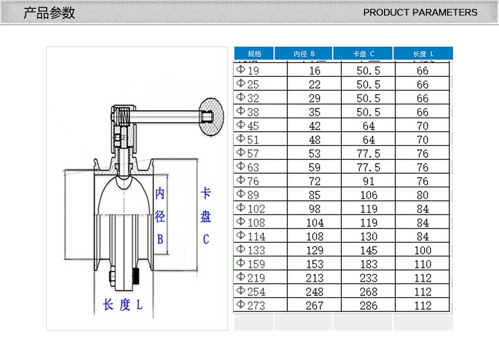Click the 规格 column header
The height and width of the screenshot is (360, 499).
click(254, 54)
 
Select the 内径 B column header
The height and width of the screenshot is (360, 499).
click(304, 54)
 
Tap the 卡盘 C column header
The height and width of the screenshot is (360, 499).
click(363, 54)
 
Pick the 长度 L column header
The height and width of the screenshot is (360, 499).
click(423, 54)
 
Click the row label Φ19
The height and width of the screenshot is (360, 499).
click(247, 70)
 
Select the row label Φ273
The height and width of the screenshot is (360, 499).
click(251, 305)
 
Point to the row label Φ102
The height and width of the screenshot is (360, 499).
click(251, 208)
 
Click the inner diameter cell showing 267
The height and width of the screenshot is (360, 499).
click(314, 305)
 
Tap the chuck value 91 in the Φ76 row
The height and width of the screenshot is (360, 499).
click(369, 181)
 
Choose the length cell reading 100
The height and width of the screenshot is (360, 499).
click(423, 250)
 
